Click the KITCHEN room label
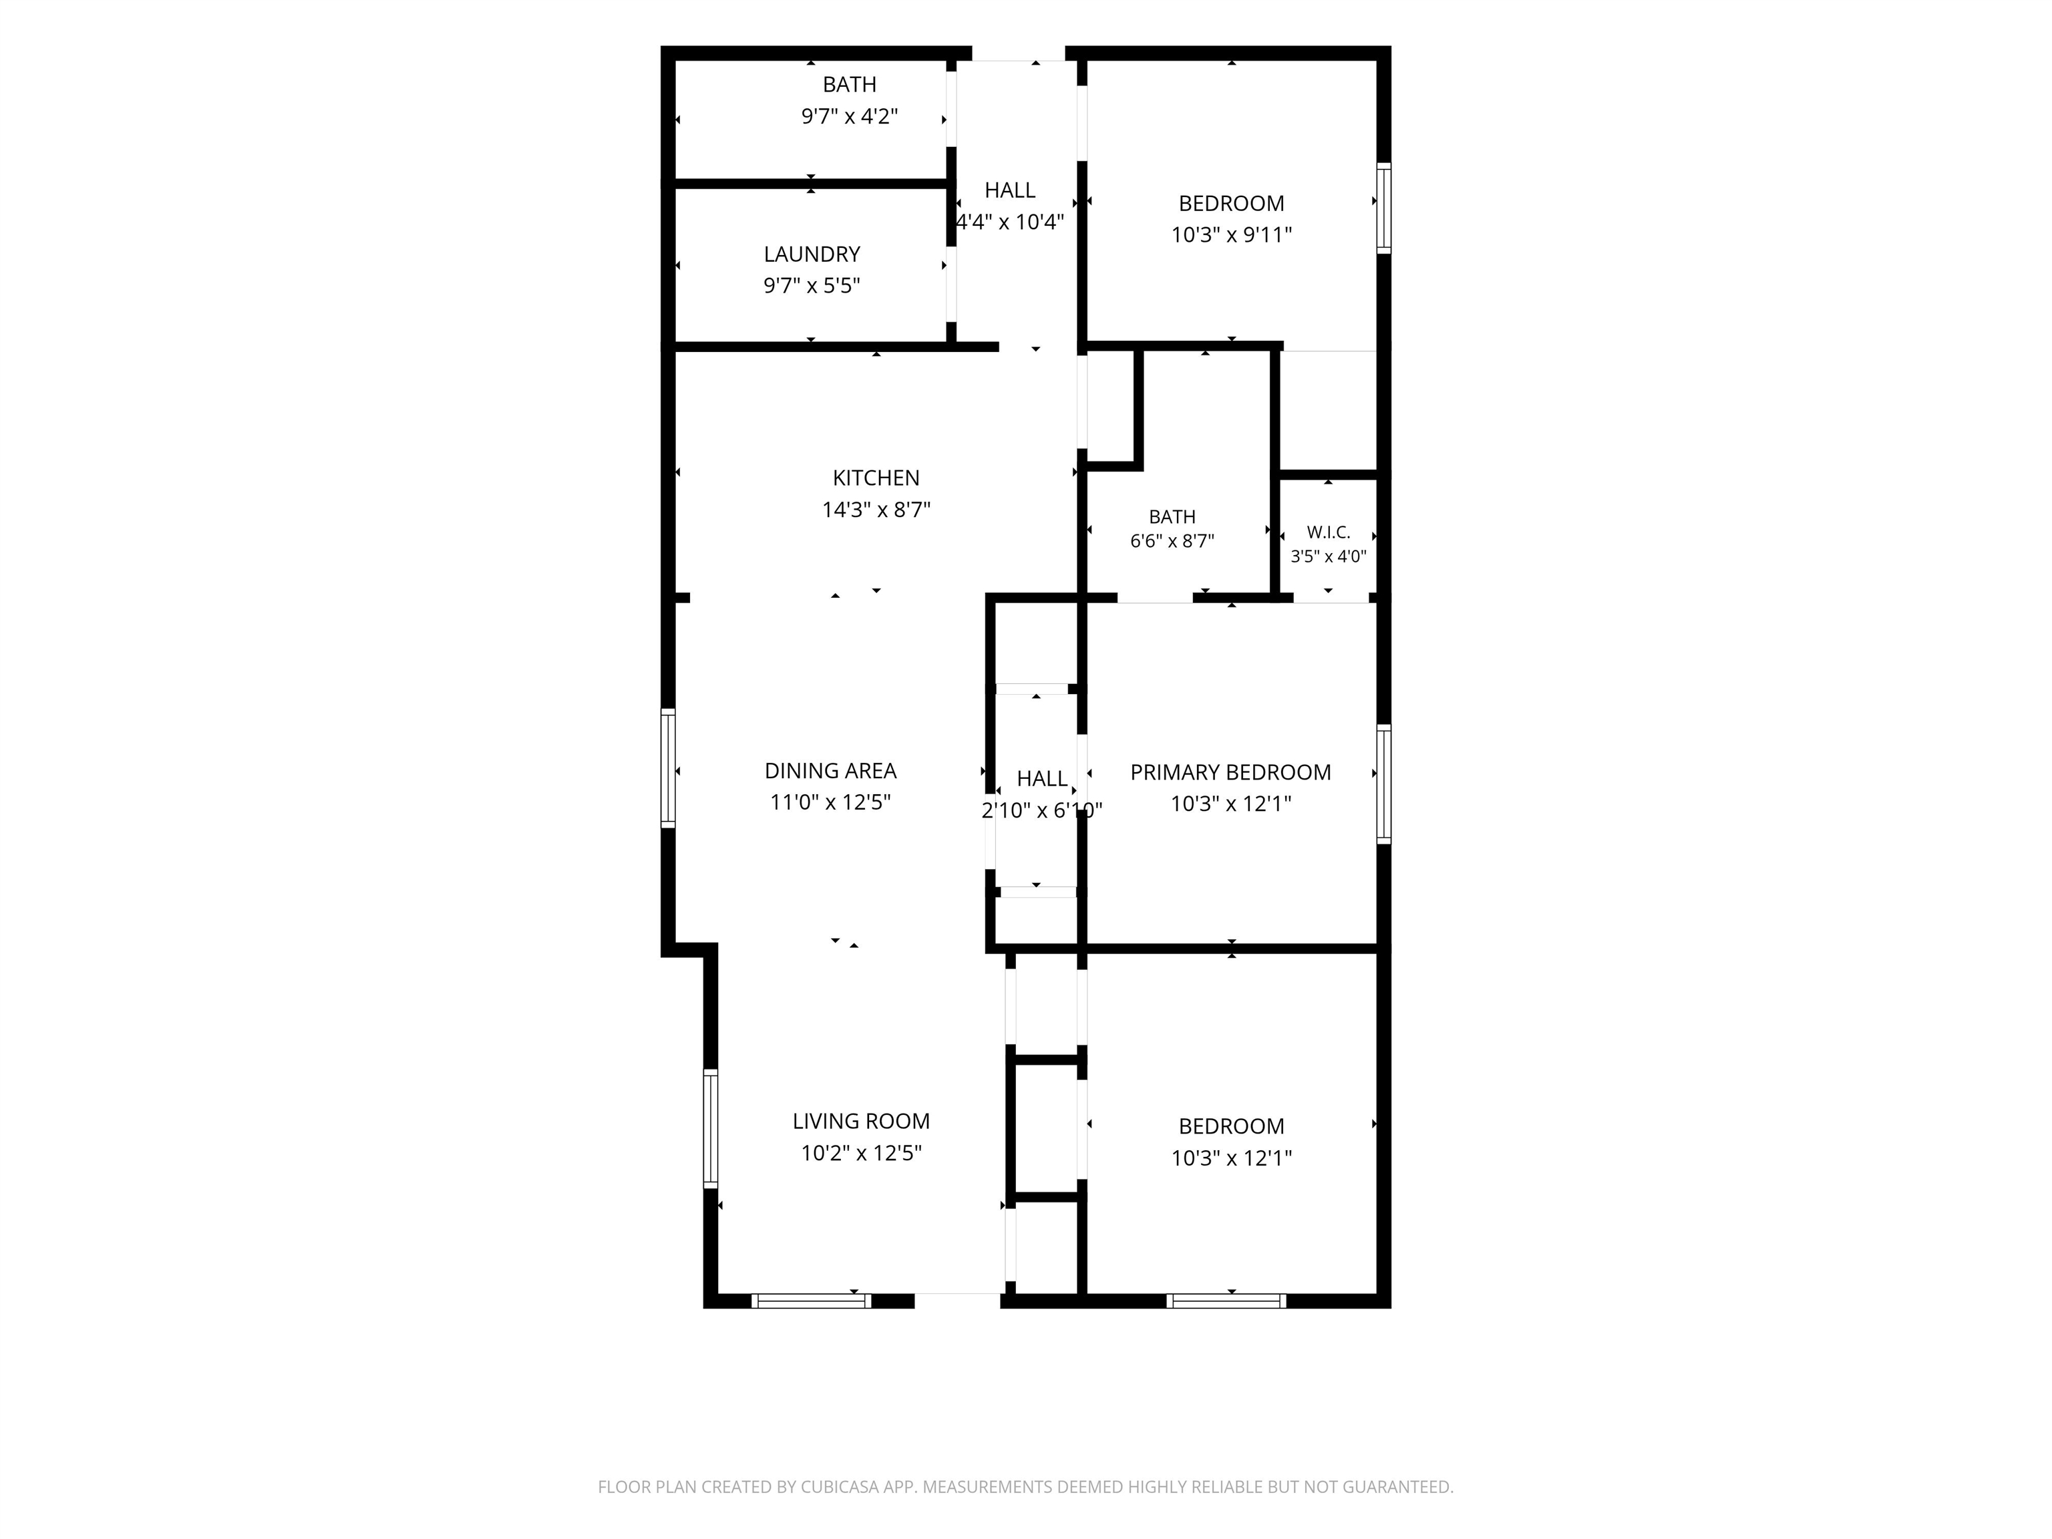point(876,478)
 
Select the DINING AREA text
point(830,770)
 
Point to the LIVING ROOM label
point(861,1121)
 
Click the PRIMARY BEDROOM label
point(1230,772)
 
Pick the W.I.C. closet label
point(1329,532)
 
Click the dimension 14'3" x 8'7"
point(876,509)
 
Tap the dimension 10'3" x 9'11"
point(1231,234)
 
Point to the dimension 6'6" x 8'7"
point(1172,541)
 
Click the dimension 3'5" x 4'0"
point(1329,556)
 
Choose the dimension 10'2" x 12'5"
point(861,1153)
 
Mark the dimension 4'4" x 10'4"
point(1009,222)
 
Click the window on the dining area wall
point(668,767)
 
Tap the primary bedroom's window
point(1383,784)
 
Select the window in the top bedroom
point(1383,208)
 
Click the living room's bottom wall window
point(811,1301)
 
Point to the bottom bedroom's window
point(1226,1301)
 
